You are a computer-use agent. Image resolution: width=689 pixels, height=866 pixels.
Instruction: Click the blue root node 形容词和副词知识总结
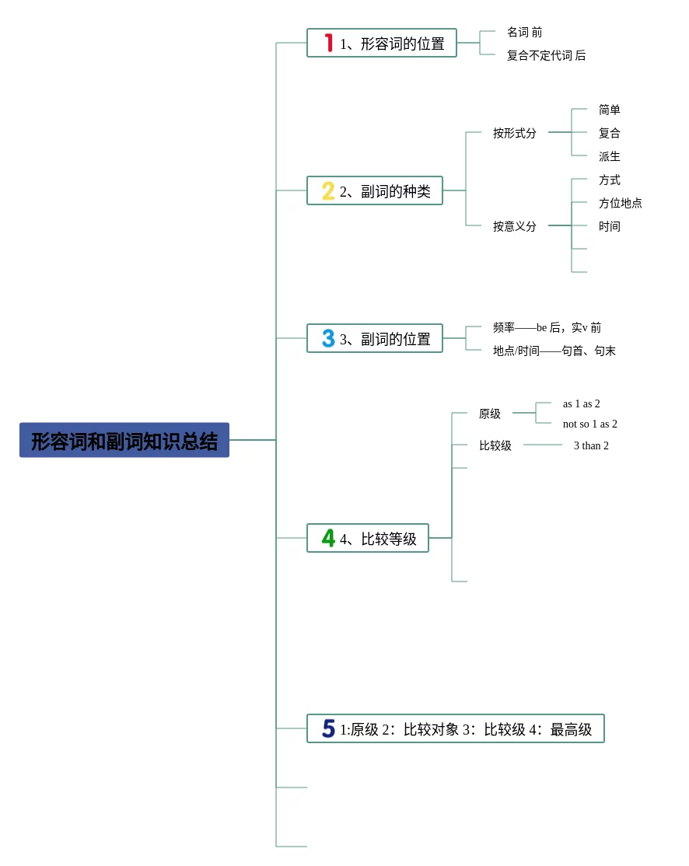[x=124, y=441]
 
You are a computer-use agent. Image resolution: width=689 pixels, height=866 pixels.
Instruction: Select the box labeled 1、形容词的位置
[x=382, y=44]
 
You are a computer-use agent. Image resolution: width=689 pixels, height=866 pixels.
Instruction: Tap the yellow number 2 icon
[x=328, y=191]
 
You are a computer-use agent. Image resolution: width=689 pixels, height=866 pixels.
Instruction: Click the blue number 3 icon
[x=328, y=339]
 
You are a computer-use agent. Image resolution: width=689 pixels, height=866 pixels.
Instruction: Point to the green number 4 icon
[x=328, y=539]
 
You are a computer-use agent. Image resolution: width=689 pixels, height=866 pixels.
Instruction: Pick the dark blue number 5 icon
[x=328, y=729]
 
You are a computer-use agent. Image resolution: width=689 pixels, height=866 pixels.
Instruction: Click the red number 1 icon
[x=329, y=44]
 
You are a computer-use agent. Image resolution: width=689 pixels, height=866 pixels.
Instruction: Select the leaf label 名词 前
[x=525, y=33]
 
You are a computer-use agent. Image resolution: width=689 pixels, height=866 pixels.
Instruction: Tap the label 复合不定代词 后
[x=546, y=56]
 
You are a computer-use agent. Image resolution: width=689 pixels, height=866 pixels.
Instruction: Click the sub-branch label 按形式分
[x=515, y=134]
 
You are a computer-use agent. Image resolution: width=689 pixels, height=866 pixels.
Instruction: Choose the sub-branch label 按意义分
[x=515, y=227]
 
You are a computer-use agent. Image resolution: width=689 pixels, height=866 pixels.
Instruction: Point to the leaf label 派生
[x=610, y=157]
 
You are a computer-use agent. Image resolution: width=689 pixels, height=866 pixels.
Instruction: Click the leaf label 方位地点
[x=621, y=204]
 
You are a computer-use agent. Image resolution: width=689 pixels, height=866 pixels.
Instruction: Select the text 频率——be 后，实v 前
[x=547, y=328]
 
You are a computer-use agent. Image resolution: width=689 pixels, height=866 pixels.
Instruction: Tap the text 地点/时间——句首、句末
[x=554, y=351]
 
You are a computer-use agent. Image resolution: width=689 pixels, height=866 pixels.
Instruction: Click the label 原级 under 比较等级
[x=490, y=414]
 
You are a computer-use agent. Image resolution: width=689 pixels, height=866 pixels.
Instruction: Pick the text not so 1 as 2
[x=590, y=424]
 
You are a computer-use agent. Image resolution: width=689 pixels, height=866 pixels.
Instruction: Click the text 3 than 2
[x=591, y=446]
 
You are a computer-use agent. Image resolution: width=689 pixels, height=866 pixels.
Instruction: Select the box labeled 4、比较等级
[x=368, y=539]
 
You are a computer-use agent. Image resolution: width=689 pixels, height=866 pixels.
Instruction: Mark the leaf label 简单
[x=610, y=110]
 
